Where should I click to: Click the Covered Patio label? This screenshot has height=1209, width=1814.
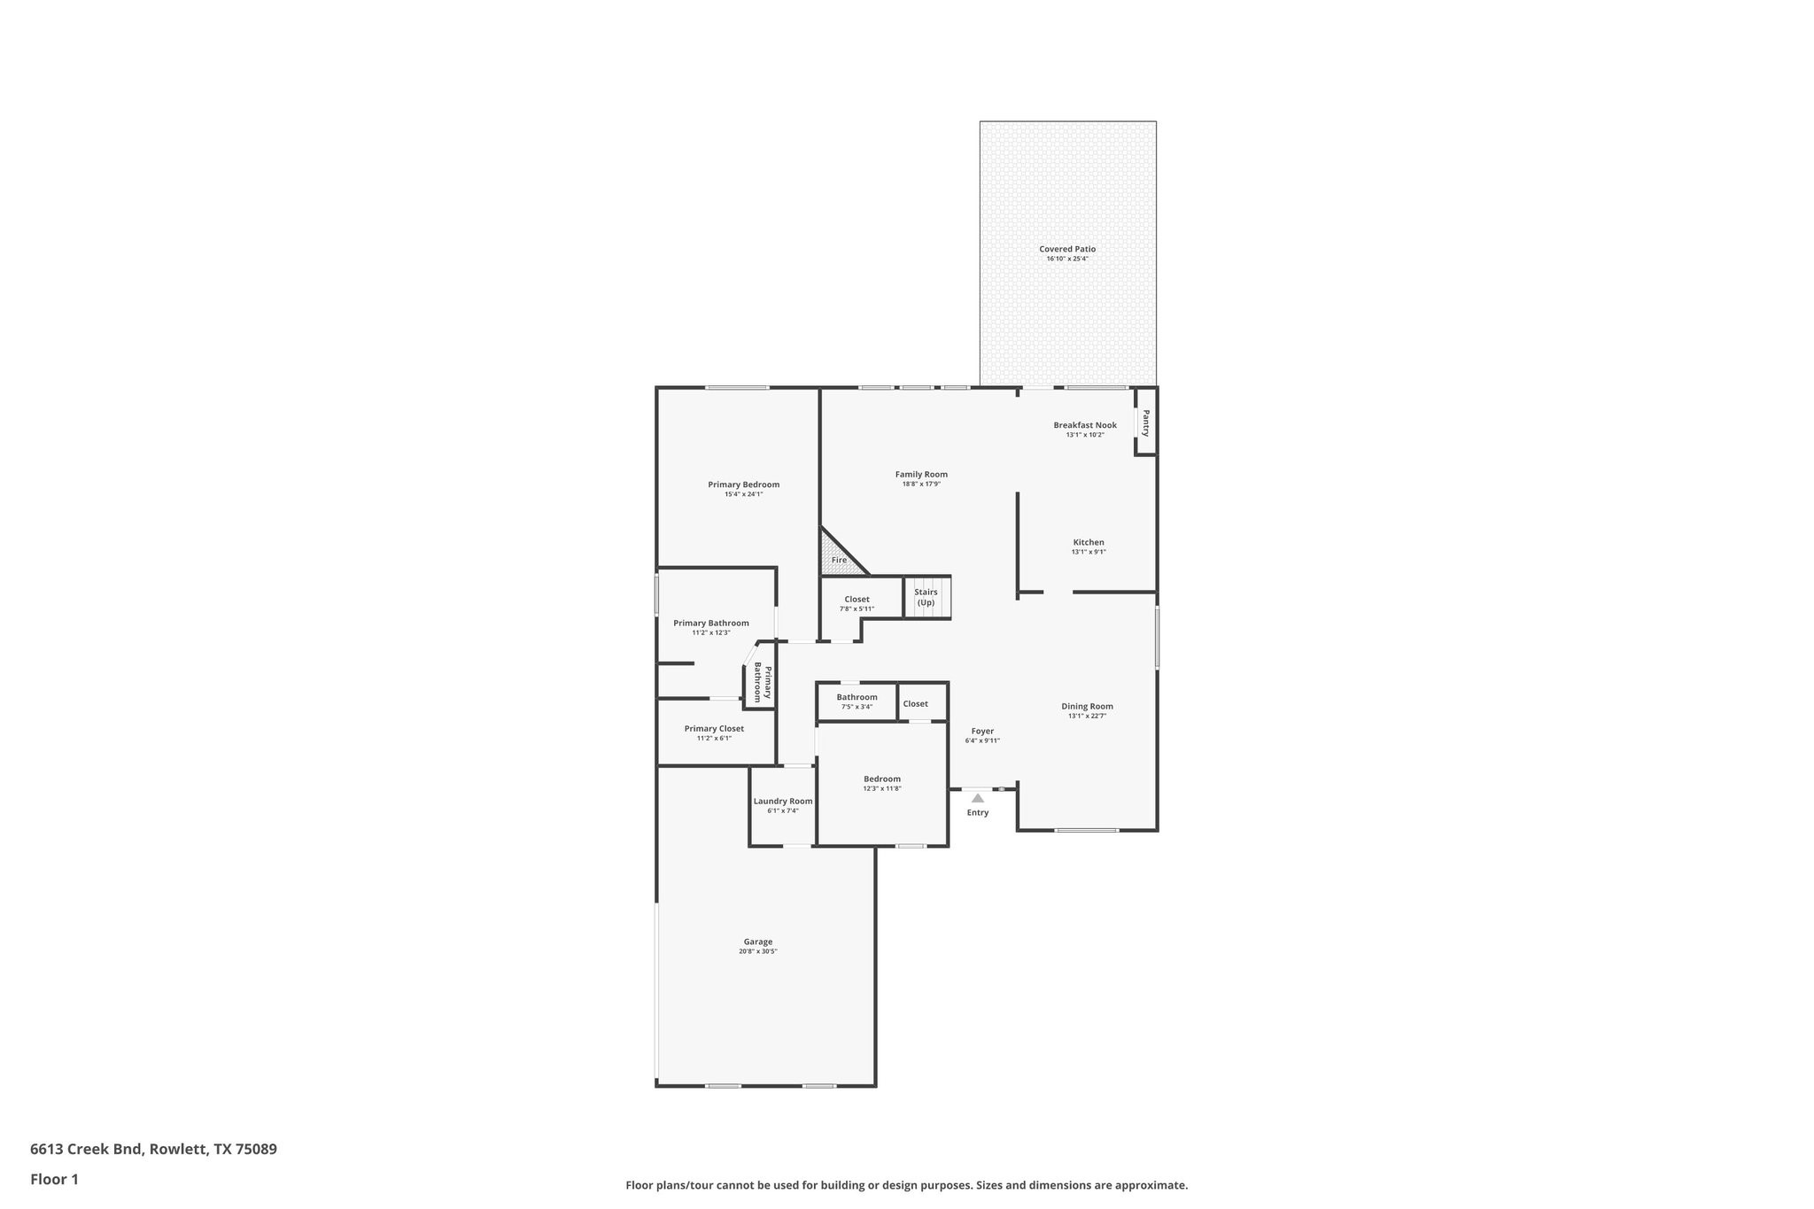coord(1066,249)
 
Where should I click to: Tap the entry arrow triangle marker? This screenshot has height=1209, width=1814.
coord(977,798)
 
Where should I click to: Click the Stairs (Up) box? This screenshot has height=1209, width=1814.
coord(926,597)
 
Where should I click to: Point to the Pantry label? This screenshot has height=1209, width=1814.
coord(1145,422)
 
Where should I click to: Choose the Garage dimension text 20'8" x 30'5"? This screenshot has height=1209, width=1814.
coord(757,951)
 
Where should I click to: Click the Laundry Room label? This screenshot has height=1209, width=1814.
coord(782,801)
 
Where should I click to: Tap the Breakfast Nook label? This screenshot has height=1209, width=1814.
coord(1084,425)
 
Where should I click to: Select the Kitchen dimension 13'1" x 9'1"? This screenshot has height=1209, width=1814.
coord(1088,552)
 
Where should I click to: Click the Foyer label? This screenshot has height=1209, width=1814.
coord(981,731)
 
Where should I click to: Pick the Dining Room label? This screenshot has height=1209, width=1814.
coord(1087,706)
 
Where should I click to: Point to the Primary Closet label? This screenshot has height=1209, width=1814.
coord(714,728)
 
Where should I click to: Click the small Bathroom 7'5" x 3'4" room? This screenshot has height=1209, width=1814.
coord(856,701)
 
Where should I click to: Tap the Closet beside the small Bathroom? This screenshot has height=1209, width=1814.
coord(915,703)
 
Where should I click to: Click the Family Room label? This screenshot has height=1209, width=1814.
coord(920,474)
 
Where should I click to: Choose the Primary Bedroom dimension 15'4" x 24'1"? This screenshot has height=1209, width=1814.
coord(743,494)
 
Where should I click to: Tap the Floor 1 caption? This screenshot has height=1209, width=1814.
coord(54,1179)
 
